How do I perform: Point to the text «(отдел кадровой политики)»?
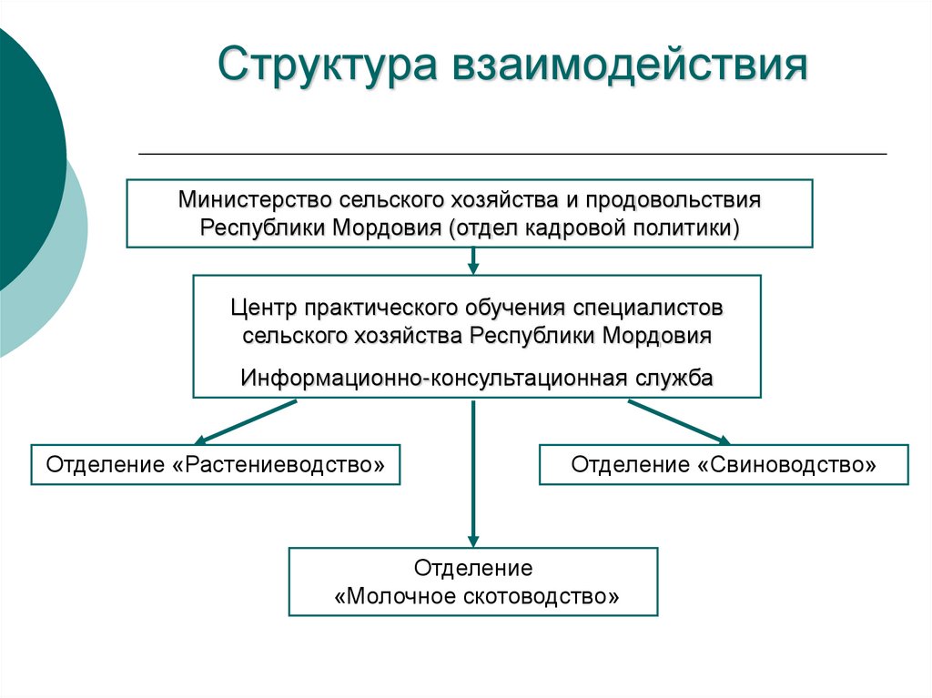coord(593,227)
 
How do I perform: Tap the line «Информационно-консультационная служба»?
coord(477,377)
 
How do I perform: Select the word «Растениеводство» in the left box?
coord(278,465)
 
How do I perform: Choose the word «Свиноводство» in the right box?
coord(787,465)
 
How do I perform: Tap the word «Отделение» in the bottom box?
coord(473,568)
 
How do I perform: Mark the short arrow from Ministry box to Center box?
coord(472,260)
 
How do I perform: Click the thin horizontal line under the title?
coord(512,154)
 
